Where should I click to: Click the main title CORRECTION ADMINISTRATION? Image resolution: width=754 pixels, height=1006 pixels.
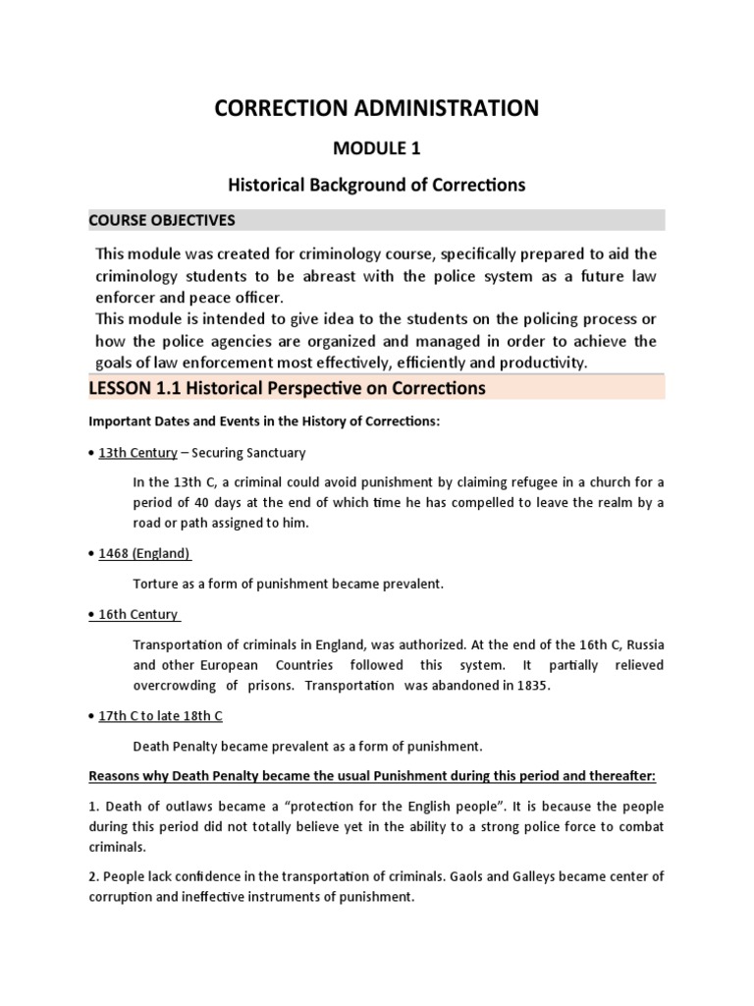point(377,108)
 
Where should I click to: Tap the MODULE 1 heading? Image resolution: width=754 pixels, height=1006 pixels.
point(377,149)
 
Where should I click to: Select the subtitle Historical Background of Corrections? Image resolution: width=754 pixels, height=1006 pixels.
point(377,184)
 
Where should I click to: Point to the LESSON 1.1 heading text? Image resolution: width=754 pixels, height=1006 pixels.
point(287,388)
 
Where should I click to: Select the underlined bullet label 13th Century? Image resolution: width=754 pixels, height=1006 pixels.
point(137,453)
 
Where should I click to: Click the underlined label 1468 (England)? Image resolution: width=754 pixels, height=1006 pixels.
point(144,552)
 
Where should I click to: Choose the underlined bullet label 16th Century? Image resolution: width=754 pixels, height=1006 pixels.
point(138,615)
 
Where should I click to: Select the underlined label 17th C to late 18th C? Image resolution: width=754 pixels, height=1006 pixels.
point(167,716)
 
